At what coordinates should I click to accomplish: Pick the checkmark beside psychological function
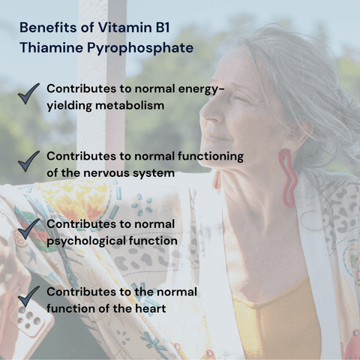(x=28, y=229)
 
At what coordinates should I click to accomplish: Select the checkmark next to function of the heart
(x=28, y=296)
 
